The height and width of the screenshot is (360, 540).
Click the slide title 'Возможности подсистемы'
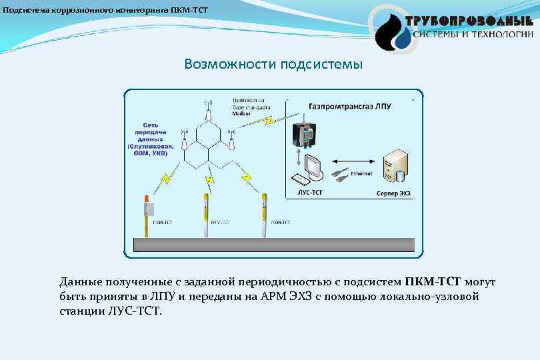[x=273, y=65]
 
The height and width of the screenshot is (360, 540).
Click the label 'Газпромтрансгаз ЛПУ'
[x=350, y=106]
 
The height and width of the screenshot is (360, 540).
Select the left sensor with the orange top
[x=146, y=213]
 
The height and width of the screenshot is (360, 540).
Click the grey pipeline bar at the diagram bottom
[x=273, y=245]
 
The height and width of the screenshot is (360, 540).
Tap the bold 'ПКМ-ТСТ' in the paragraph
[x=433, y=283]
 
